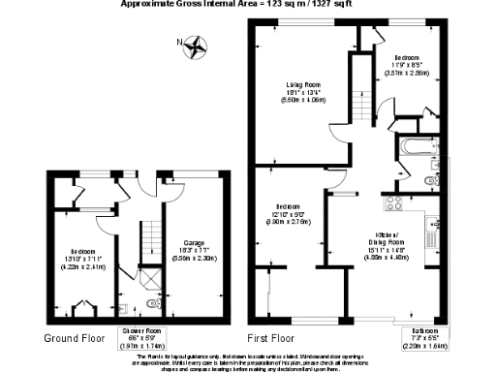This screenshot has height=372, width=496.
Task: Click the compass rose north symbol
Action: coord(197,44)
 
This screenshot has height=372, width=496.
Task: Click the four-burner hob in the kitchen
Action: coord(395,204)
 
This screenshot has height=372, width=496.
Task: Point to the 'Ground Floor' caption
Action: coord(76,339)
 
